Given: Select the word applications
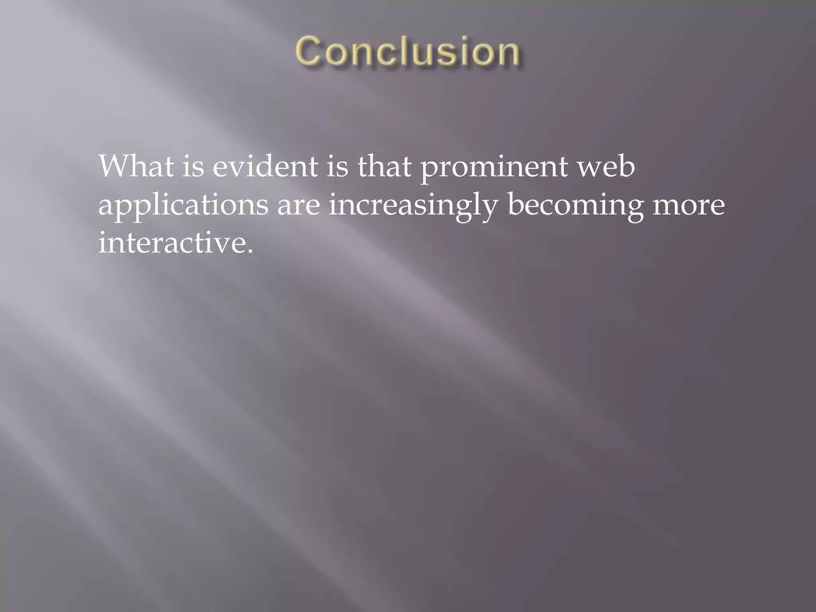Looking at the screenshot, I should click(183, 206).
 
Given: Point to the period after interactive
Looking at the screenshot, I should click(250, 252).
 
